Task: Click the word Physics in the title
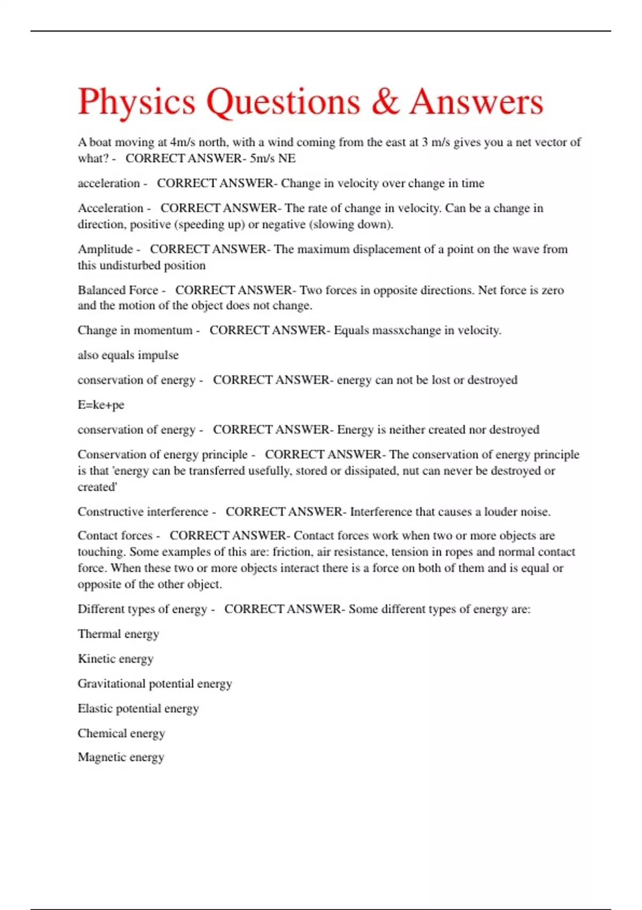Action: pyautogui.click(x=136, y=102)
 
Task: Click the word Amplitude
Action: pyautogui.click(x=105, y=249)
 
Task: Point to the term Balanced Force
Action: pyautogui.click(x=118, y=290)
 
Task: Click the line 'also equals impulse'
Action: pyautogui.click(x=128, y=355)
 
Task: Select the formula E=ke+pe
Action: pyautogui.click(x=101, y=405)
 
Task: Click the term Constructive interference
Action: pyautogui.click(x=143, y=512)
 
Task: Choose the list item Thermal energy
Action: pyautogui.click(x=118, y=634)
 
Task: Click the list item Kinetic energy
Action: pyautogui.click(x=116, y=658)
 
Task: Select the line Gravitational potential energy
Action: pyautogui.click(x=155, y=684)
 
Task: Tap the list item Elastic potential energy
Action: pyautogui.click(x=138, y=708)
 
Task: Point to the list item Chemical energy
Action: pyautogui.click(x=121, y=733)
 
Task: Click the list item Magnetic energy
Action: pyautogui.click(x=121, y=757)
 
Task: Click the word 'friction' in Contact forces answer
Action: pyautogui.click(x=292, y=552)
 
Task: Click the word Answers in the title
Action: pyautogui.click(x=476, y=102)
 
